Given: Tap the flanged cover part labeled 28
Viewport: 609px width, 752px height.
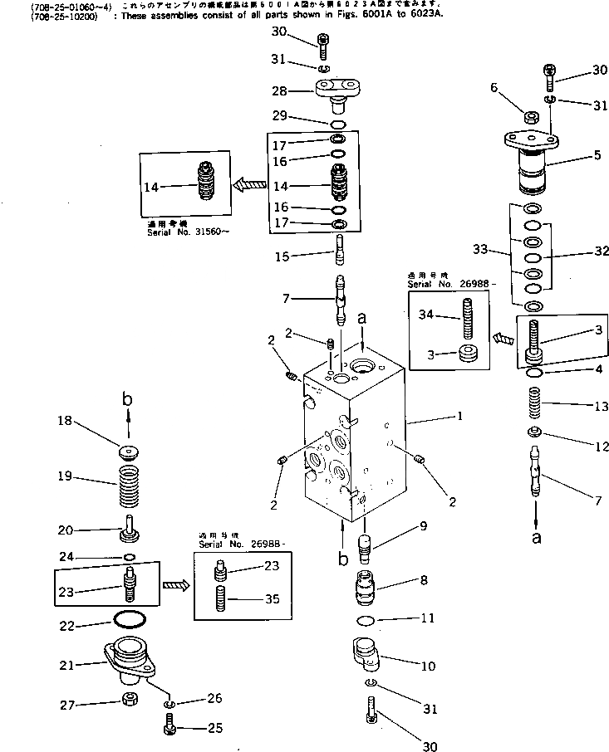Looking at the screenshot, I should [340, 93].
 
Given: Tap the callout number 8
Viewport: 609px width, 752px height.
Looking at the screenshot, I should [423, 581].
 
